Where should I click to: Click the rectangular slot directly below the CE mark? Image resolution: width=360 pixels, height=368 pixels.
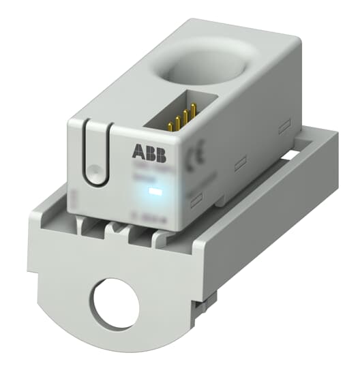195,198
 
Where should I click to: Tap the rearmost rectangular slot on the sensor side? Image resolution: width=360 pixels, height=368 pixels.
286,124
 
